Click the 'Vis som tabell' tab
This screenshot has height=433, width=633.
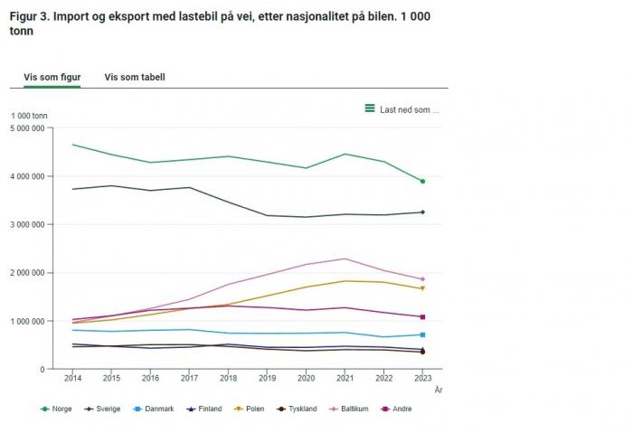click(x=135, y=77)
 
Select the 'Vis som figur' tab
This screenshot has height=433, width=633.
click(x=52, y=77)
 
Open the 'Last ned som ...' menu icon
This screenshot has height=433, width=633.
click(x=370, y=108)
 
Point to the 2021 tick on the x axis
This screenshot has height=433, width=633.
click(x=345, y=377)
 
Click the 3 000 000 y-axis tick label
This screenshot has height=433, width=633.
click(x=33, y=224)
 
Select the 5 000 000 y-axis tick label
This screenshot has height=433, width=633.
click(x=33, y=127)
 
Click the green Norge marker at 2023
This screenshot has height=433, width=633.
click(x=422, y=182)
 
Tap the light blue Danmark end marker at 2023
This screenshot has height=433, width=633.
click(x=422, y=334)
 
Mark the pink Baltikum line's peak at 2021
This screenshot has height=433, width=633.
click(x=345, y=259)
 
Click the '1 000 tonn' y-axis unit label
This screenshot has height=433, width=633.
click(x=29, y=116)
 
